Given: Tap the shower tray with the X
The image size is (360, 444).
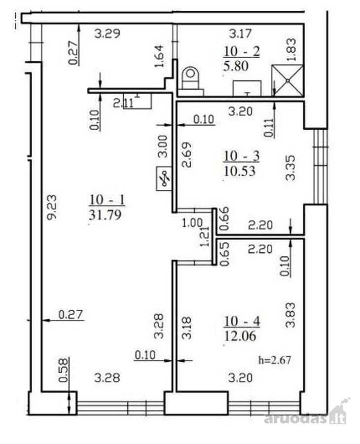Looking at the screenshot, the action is (x=288, y=80).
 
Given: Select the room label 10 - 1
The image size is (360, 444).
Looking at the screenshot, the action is (x=107, y=200).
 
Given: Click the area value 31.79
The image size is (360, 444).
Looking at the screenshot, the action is (x=105, y=215).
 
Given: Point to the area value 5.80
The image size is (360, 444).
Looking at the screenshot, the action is (x=236, y=66).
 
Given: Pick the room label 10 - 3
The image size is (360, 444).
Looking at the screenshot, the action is (x=242, y=156).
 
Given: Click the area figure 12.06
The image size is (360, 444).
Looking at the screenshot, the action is (x=240, y=336).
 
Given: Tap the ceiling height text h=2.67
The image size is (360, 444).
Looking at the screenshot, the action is (x=275, y=360).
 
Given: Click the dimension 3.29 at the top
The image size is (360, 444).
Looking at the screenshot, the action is (x=108, y=34).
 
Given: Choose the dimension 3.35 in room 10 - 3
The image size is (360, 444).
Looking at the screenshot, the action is (x=290, y=167).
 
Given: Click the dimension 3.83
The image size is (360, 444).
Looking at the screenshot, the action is (x=290, y=315).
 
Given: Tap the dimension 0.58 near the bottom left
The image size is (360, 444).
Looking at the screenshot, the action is (x=64, y=370).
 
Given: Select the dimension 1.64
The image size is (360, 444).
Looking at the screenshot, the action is (x=159, y=56).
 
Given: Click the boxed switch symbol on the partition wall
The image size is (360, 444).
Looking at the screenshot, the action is (x=164, y=179).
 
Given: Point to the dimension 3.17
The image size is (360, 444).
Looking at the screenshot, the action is (x=240, y=34).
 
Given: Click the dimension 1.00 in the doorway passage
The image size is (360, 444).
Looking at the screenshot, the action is (x=192, y=223).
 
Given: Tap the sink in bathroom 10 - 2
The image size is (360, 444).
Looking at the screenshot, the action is (x=247, y=88).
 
